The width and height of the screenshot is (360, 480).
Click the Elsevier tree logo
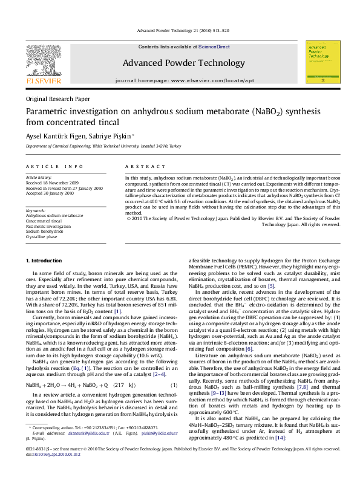(42, 60)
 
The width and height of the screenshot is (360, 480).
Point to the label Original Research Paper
(57, 99)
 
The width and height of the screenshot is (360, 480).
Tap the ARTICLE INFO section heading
(54, 166)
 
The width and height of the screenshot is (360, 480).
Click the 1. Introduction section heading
(46, 261)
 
